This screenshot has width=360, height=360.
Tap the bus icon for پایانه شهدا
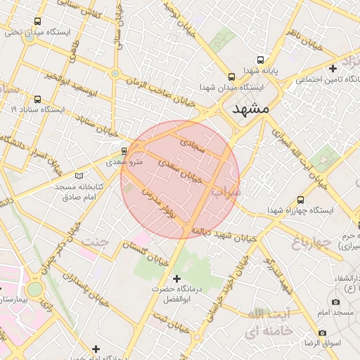click(261, 60)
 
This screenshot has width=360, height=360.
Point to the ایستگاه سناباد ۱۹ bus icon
click(37, 99)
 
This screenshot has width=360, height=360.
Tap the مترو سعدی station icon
click(124, 150)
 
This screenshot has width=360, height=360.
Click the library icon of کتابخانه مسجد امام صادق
click(79, 176)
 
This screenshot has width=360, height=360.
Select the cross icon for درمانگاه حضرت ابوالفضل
click(176, 279)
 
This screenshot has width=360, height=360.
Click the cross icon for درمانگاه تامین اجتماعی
click(333, 68)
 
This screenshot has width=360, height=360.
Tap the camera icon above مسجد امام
click(336, 302)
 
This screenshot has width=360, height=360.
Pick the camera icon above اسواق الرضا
click(323, 333)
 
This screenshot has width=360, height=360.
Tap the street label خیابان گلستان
click(145, 252)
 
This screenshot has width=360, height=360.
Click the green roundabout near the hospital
click(34, 288)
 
